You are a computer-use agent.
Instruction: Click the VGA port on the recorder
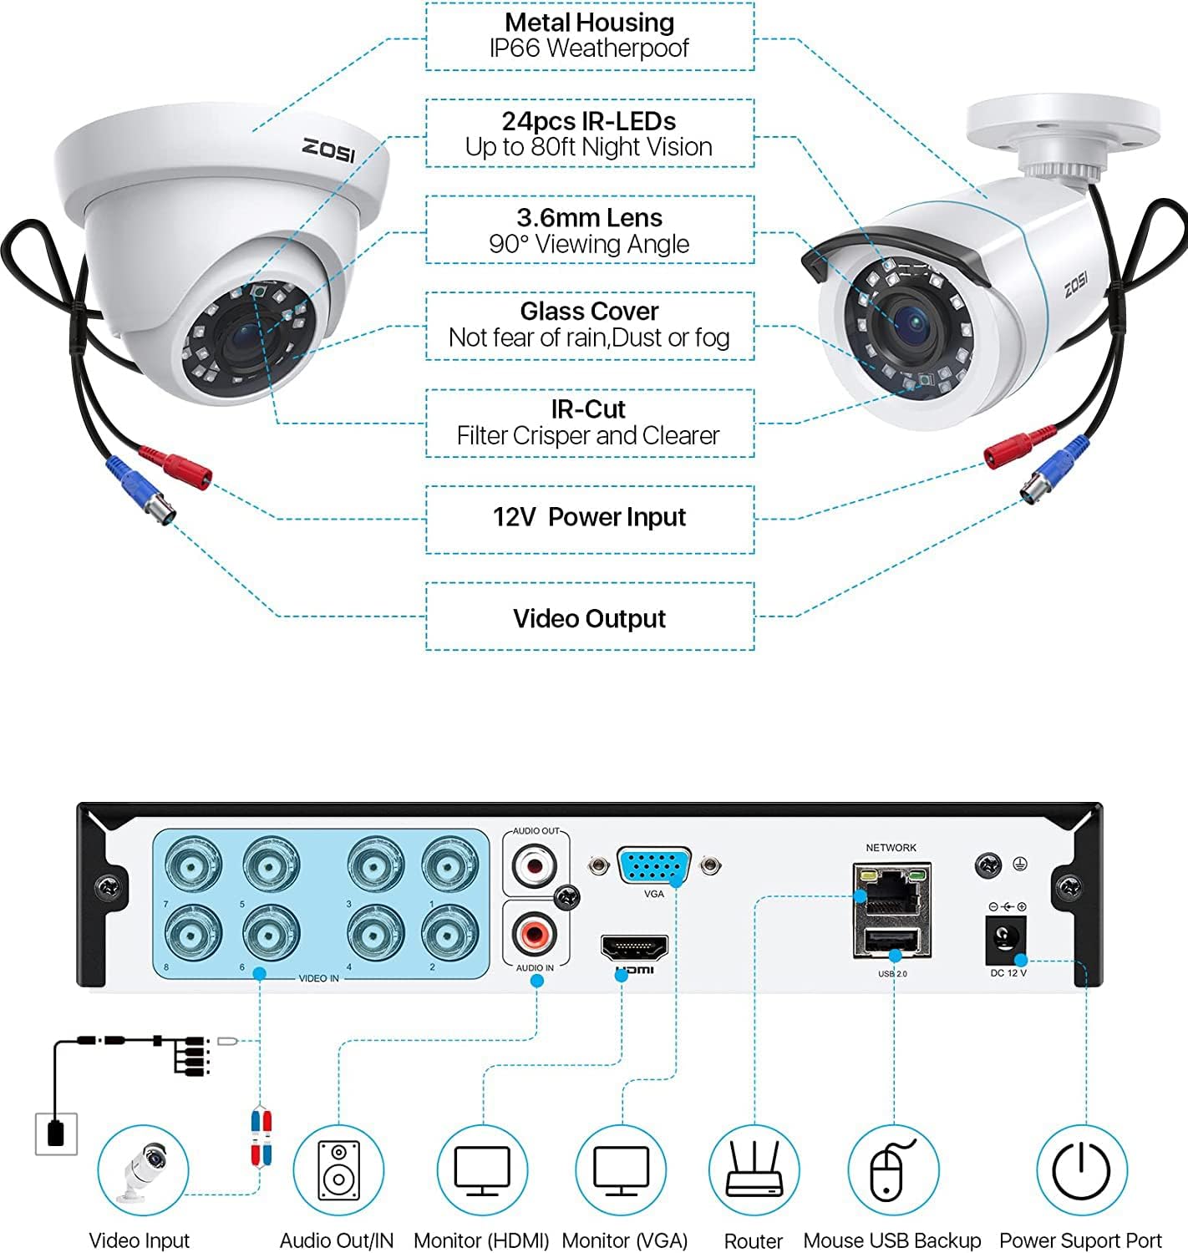point(654,865)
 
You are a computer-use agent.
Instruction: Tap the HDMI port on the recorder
point(634,947)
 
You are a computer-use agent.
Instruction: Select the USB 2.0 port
point(892,941)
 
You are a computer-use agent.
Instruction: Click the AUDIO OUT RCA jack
point(535,865)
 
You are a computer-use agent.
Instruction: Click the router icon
point(754,1170)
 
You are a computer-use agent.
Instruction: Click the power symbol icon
point(1081,1170)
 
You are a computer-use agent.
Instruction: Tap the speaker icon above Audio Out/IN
point(338,1170)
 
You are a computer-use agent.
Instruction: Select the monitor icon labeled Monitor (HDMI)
point(482,1170)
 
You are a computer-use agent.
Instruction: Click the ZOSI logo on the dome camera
point(328,150)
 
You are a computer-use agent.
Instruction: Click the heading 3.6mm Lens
point(589,218)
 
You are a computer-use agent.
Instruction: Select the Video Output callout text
point(589,618)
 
